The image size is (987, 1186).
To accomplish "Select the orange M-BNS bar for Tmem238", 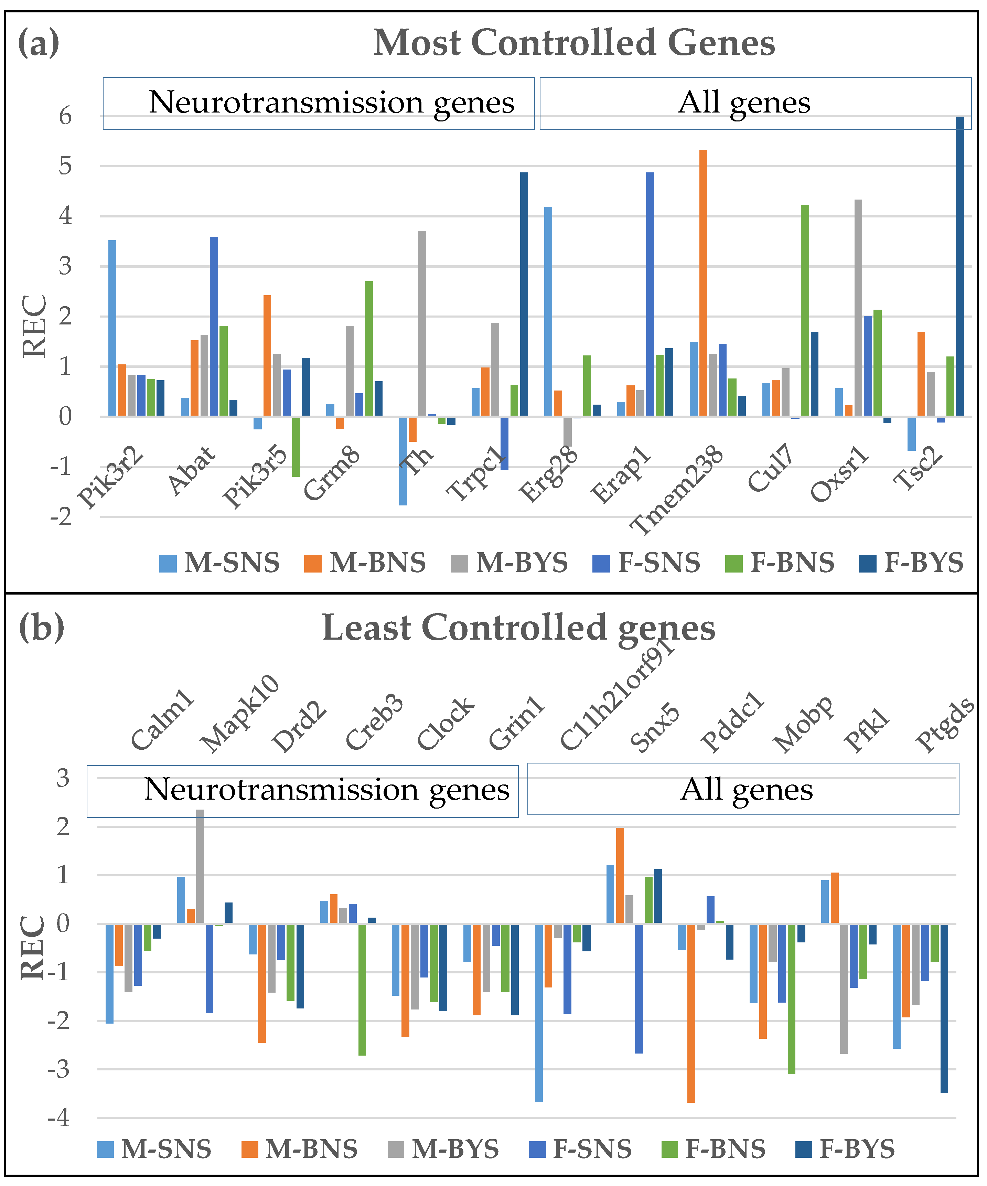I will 703,283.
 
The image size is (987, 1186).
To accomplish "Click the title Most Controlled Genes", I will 574,43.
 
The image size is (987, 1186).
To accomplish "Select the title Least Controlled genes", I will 518,628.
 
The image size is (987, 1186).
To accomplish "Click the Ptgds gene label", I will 944,725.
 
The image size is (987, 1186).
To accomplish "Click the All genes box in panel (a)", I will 755,103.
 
